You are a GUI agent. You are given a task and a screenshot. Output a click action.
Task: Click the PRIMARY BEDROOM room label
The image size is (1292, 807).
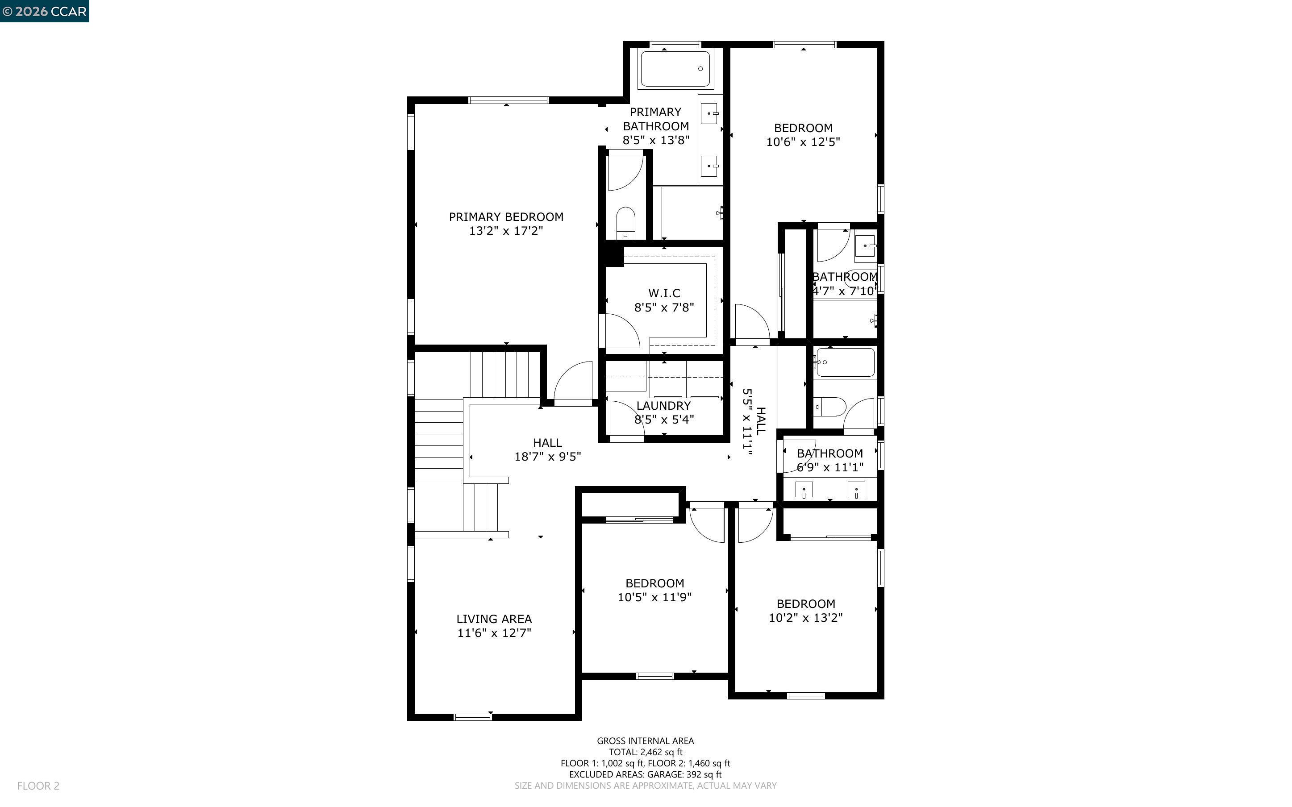505,216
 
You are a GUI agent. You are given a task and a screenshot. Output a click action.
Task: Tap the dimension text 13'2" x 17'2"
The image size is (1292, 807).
505,231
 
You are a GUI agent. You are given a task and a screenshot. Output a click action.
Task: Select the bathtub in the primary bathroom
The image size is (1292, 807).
675,69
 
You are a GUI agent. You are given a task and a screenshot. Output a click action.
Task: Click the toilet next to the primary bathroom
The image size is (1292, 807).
625,223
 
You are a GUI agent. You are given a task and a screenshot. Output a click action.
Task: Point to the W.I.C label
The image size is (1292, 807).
664,293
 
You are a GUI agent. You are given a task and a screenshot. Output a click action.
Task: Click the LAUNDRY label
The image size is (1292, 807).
663,406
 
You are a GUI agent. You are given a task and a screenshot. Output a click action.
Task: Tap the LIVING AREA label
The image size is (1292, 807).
494,619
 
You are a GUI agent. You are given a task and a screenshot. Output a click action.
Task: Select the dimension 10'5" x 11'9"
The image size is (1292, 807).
654,597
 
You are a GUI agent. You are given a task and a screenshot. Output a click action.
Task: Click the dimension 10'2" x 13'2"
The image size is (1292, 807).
805,618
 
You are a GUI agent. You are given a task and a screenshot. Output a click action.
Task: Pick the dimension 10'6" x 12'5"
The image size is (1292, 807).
803,142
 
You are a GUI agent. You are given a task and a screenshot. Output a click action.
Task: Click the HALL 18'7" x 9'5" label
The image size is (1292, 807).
547,449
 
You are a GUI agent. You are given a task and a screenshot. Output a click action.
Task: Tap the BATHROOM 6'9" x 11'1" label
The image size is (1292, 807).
829,460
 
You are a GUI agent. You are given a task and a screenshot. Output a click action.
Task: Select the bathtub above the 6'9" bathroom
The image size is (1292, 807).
845,362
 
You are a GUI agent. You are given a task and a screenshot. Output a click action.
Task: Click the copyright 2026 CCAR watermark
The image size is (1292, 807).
44,11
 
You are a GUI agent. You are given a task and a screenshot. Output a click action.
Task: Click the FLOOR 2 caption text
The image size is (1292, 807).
38,786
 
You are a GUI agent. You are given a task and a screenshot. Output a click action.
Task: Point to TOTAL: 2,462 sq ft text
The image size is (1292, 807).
645,752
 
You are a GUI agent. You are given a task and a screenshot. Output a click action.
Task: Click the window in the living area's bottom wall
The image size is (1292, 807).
472,717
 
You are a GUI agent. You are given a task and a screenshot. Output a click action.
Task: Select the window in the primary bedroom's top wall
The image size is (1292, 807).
508,100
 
